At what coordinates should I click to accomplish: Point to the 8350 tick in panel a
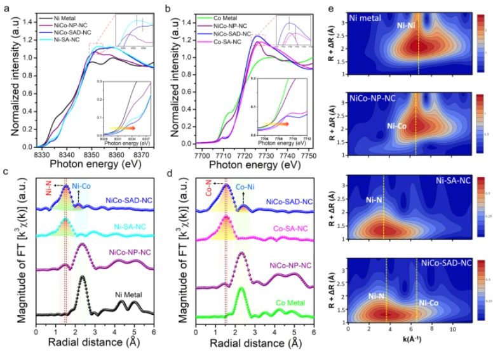click(x=91, y=154)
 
